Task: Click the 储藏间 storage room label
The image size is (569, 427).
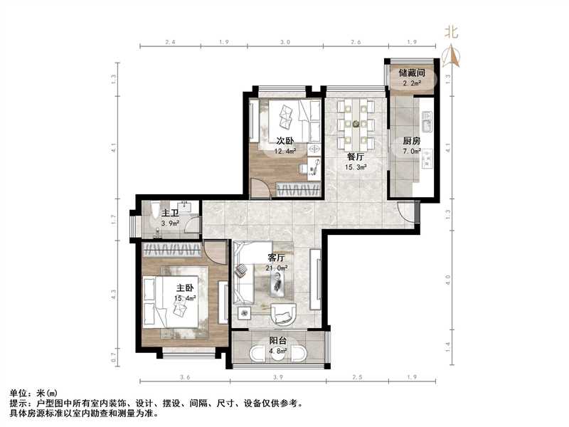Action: [x=412, y=73]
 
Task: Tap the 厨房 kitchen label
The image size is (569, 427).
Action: [x=411, y=142]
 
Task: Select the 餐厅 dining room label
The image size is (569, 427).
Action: [x=356, y=157]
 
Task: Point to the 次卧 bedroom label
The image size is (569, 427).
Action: [x=286, y=140]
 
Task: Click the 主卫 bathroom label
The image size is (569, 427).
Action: [x=170, y=213]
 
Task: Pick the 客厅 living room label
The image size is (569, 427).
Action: [x=277, y=257]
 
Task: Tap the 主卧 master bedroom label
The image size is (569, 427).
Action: [x=186, y=288]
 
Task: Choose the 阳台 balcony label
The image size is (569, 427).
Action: [x=278, y=340]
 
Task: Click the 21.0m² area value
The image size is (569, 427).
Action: [x=277, y=268]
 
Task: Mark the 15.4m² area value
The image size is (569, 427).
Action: [x=186, y=298]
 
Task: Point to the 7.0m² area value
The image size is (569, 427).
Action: [x=411, y=152]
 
